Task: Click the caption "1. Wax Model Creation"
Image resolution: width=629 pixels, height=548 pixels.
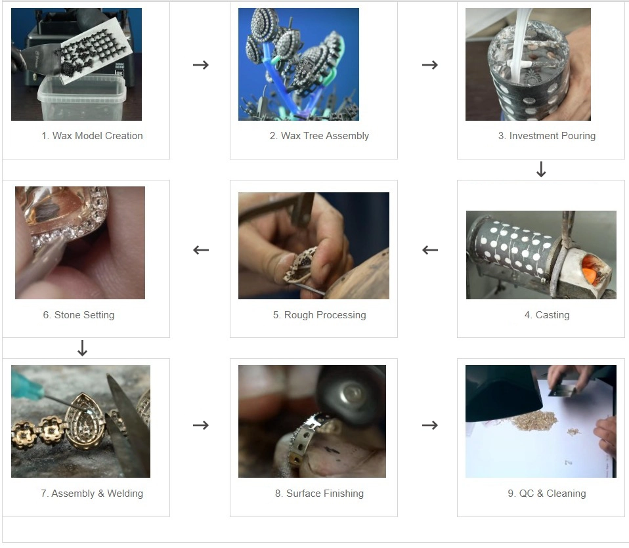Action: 92,136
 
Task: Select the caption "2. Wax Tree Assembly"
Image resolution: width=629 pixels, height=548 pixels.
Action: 319,136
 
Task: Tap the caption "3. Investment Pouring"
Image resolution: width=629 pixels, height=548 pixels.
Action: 547,136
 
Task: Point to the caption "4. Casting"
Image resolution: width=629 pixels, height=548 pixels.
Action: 547,315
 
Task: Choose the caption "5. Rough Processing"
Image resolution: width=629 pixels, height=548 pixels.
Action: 319,315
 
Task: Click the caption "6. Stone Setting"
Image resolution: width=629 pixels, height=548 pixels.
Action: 79,315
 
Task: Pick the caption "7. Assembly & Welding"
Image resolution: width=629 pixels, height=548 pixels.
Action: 92,494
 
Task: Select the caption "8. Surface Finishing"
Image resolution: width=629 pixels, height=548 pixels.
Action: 319,494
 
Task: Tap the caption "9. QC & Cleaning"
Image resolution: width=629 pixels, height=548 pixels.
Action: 547,494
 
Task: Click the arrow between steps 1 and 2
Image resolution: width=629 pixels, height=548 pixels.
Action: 201,64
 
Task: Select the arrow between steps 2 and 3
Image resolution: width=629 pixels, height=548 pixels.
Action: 430,64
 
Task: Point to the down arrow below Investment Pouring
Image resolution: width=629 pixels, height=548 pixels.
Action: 541,169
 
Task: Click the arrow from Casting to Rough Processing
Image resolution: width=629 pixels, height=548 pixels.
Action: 430,250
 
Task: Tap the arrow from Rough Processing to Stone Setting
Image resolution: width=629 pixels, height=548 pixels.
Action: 201,250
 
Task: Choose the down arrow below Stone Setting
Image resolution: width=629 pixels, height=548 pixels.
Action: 82,348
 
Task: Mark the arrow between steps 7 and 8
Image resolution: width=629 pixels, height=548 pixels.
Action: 201,425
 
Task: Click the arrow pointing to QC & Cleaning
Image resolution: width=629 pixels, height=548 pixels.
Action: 430,425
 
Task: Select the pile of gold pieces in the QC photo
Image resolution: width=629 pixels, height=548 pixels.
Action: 533,420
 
